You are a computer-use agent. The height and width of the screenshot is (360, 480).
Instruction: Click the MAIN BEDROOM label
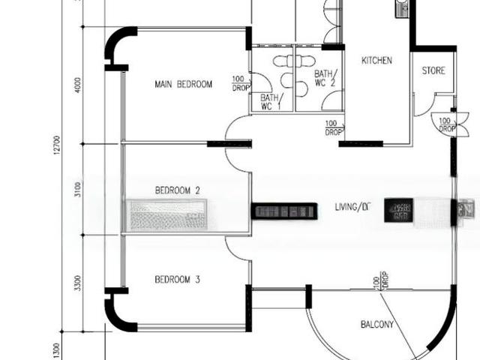pos(183,84)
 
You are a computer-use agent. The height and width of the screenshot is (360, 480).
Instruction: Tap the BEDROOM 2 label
pos(177,190)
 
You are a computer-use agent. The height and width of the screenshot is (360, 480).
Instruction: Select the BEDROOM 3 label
pos(177,280)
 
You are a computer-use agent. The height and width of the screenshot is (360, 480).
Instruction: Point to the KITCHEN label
pos(376,61)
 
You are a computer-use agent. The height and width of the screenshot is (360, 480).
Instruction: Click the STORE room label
pos(433,71)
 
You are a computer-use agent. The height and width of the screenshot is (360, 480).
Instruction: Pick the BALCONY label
pos(377,325)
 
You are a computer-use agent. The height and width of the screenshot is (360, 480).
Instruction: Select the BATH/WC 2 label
pos(325,79)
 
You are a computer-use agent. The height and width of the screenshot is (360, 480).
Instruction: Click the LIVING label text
pos(352,206)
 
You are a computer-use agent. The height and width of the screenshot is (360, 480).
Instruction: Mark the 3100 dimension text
pos(78,189)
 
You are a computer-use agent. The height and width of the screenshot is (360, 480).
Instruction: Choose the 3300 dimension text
pos(78,283)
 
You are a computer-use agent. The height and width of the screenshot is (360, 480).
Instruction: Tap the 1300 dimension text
pos(55,350)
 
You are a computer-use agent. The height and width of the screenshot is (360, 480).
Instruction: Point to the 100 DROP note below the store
pos(445,124)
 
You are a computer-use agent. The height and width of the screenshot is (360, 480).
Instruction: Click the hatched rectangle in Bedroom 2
pos(168,214)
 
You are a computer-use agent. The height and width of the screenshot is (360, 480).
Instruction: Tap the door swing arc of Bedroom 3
pos(238,247)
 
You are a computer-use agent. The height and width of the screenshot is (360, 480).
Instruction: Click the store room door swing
pos(424,105)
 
